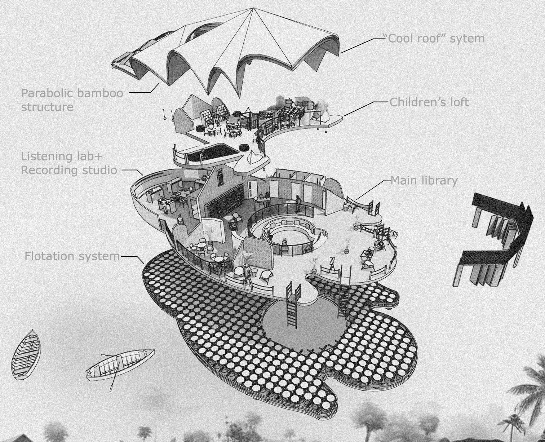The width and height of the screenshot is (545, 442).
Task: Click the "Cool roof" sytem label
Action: [436, 38]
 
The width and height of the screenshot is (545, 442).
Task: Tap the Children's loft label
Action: [429, 102]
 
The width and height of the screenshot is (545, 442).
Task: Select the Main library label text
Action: [424, 180]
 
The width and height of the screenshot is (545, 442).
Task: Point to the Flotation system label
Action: [72, 256]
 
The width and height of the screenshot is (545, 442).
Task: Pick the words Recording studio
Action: [69, 170]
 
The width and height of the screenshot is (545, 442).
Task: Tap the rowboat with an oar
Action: [119, 364]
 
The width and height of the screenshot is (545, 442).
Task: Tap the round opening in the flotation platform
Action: [303, 323]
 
